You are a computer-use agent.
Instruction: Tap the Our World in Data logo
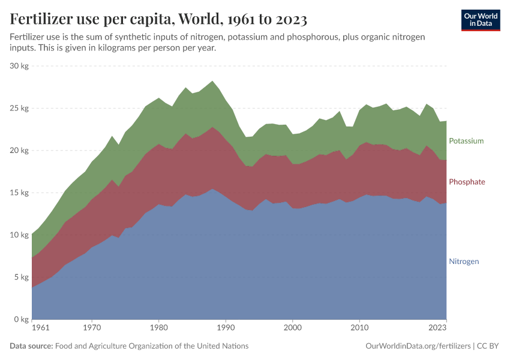[x=480, y=20]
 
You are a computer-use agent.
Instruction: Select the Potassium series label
[x=466, y=141]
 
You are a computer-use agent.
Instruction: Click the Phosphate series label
[x=466, y=182]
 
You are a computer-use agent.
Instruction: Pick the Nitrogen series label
[x=464, y=262]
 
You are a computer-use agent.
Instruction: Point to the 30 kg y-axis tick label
[x=19, y=66]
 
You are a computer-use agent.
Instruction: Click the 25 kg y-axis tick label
[x=19, y=109]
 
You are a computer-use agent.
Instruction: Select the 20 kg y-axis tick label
[x=19, y=151]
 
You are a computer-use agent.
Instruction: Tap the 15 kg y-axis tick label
[x=19, y=193]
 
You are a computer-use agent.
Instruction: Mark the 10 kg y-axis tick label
[x=19, y=235]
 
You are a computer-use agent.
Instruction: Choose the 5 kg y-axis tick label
[x=21, y=277]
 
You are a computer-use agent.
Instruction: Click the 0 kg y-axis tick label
[x=21, y=320]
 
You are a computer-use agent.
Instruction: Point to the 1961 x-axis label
[x=40, y=328]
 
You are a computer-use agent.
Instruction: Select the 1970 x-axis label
[x=92, y=328]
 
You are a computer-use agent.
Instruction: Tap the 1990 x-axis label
[x=226, y=328]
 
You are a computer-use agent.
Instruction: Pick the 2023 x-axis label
[x=437, y=328]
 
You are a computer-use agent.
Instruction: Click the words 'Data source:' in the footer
[x=31, y=346]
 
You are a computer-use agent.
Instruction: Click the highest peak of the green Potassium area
[x=212, y=82]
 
